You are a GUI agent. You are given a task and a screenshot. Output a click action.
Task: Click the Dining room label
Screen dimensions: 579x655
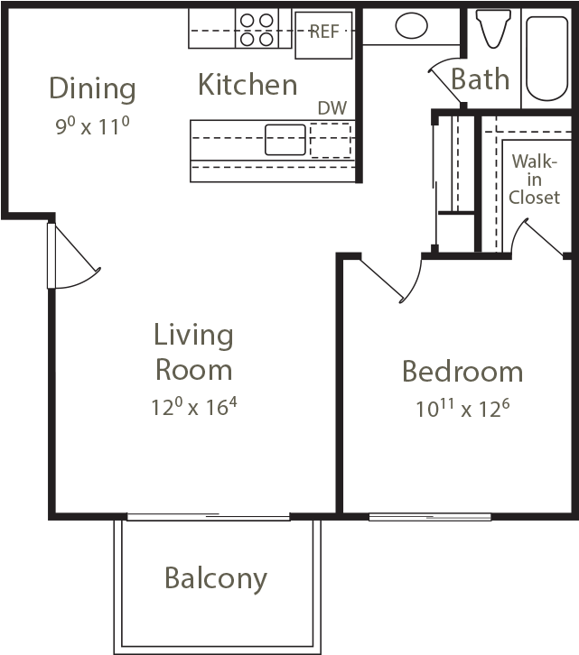92,89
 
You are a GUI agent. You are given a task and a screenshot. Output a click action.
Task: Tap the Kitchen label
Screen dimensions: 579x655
247,85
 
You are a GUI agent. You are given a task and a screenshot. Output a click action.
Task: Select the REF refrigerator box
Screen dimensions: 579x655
323,35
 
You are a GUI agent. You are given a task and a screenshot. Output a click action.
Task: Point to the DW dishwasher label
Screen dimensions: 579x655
332,108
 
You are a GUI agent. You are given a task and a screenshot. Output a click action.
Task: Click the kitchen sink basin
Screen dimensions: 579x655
285,140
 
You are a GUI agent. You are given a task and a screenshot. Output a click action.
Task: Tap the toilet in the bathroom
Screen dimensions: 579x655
494,28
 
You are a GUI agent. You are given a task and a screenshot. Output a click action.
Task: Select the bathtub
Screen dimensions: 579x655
546,58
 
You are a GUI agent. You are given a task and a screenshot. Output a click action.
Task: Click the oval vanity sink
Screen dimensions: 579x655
411,25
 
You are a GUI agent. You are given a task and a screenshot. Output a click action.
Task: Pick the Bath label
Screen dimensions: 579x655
481,79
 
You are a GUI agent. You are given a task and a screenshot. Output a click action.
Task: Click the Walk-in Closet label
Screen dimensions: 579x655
534,180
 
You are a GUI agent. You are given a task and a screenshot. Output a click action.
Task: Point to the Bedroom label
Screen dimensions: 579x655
462,372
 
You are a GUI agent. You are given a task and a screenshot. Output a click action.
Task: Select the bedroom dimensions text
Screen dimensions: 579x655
462,409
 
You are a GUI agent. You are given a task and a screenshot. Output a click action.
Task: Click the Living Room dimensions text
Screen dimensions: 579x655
193,407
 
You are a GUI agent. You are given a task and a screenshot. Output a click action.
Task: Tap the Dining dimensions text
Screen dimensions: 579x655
92,125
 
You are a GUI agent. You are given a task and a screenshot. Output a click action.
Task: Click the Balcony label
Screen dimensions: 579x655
216,579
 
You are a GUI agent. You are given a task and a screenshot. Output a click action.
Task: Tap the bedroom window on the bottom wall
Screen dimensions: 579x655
430,517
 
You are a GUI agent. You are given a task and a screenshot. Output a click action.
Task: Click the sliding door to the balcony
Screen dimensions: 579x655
209,517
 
